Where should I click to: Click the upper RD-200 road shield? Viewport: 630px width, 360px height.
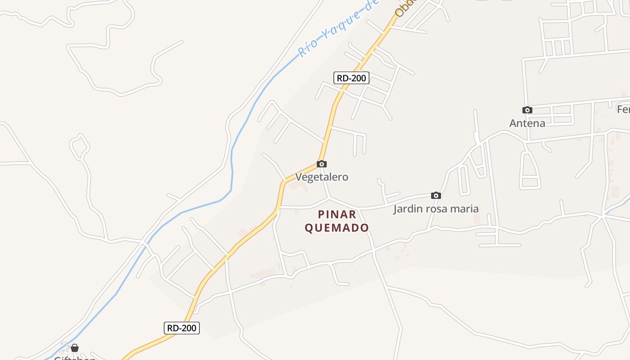pos(351,78)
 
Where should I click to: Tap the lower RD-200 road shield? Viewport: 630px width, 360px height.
pos(181,328)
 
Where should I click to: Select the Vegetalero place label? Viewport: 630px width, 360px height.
pos(322,177)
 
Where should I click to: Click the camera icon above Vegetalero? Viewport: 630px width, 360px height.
pos(322,164)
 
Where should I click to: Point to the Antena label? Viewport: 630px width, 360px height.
pos(527,123)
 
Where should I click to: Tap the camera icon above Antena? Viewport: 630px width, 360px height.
pos(527,110)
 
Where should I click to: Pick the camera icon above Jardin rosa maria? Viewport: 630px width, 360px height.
pos(436,195)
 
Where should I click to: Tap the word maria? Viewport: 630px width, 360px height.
pos(465,209)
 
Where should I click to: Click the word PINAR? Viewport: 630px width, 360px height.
pos(337,214)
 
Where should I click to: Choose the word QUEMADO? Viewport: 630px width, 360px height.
pos(337,228)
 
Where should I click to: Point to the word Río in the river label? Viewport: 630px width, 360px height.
pos(308,48)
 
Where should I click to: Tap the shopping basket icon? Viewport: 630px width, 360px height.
pos(75,348)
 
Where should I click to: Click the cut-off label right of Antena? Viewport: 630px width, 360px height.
pos(624,109)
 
